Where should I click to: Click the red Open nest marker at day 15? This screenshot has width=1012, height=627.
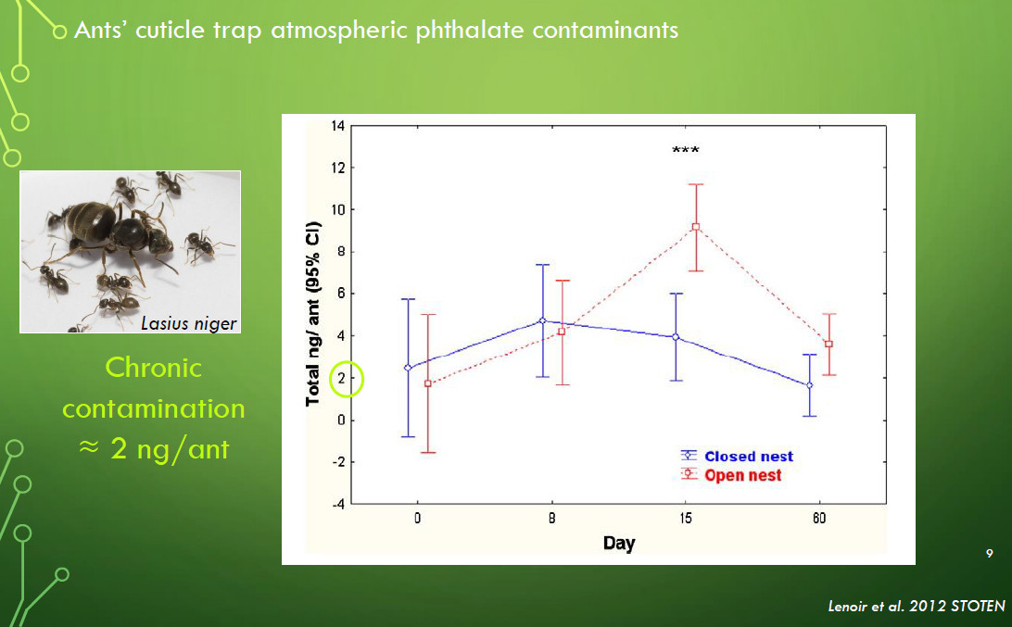pos(696,227)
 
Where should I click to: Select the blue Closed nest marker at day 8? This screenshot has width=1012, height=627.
pos(542,320)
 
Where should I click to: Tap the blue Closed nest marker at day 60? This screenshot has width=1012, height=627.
pos(809,385)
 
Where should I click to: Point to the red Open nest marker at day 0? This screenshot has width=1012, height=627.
pos(428,383)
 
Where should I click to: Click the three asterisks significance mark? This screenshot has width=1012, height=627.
pos(686,150)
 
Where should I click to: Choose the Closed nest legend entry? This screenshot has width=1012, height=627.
pos(737,456)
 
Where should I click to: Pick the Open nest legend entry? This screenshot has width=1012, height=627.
pos(730,475)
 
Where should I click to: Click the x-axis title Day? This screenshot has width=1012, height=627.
pos(619,543)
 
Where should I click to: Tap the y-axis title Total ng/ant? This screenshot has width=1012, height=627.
pos(312,313)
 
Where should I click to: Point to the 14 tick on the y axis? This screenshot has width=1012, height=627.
pos(338,126)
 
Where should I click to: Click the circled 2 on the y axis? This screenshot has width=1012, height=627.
pos(347,380)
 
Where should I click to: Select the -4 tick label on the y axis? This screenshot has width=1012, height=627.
pos(338,505)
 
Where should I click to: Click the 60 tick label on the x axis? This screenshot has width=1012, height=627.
pos(819,518)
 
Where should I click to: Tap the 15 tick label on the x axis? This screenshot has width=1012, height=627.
pos(686,518)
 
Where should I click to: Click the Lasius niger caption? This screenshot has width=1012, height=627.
pos(188,323)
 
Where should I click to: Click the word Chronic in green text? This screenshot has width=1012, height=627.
pos(154,368)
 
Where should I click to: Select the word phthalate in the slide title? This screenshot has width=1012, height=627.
pos(470,31)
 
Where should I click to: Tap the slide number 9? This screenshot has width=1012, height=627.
pos(990,554)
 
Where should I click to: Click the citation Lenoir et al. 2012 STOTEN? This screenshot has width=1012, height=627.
pos(917,607)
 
